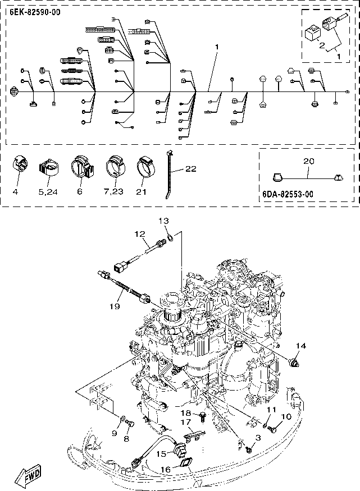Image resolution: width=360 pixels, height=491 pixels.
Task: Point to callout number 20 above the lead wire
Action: (x=308, y=160)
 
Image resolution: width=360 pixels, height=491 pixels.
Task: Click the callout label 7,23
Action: (x=116, y=192)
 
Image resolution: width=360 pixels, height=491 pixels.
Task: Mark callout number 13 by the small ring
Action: (x=163, y=221)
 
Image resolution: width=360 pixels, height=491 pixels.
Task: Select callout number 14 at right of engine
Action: (x=301, y=346)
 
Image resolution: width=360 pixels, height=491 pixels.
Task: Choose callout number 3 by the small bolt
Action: (x=258, y=437)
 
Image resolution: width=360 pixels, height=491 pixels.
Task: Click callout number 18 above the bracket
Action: (x=186, y=414)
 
